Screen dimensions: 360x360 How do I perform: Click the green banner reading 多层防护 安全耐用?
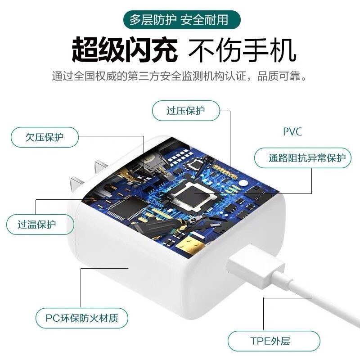[179, 20]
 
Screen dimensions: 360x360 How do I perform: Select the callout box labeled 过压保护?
[186, 111]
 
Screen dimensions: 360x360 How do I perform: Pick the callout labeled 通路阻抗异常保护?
[302, 158]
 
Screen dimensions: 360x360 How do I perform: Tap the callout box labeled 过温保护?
[40, 224]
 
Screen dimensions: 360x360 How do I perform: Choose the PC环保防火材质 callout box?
[81, 319]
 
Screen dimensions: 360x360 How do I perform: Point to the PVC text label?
[292, 132]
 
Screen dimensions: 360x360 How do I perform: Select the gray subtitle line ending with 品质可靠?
[180, 76]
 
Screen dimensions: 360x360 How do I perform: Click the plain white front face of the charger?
[135, 288]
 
